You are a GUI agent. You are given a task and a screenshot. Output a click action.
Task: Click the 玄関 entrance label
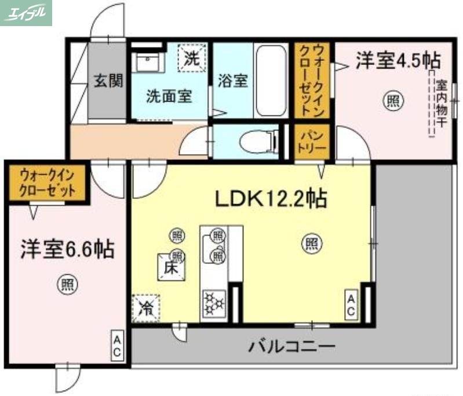[x=108, y=81]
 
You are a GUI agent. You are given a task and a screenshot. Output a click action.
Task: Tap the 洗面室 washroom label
[x=169, y=96]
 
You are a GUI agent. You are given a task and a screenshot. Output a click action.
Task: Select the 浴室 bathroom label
[x=232, y=81]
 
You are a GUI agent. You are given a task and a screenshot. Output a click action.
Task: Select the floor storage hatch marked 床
[x=170, y=268]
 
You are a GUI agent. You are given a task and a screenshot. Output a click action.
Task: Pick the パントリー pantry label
[x=312, y=141]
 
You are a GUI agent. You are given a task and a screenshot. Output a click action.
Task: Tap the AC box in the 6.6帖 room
[x=117, y=346]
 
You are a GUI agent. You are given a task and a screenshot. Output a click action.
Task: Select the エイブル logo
[x=27, y=12]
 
